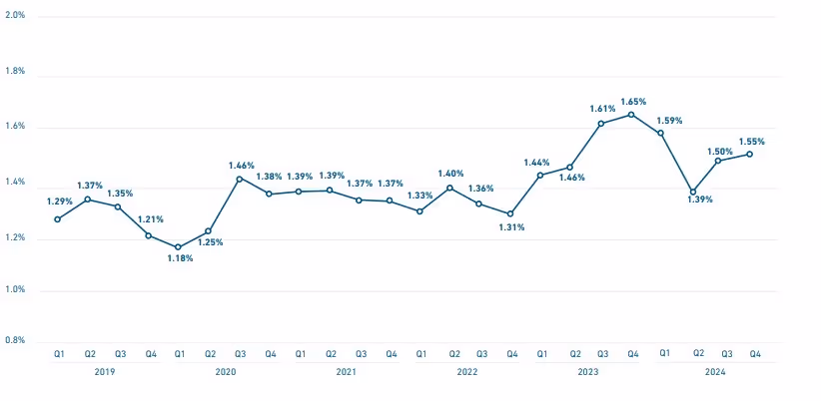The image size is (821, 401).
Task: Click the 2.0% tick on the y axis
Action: coord(15,17)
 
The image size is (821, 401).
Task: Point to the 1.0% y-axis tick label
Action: coord(15,290)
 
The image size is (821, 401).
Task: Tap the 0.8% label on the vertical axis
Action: coord(15,340)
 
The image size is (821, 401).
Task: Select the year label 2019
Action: coord(105,372)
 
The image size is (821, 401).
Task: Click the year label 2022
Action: coord(466,372)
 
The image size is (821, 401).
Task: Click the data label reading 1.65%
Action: coord(633,101)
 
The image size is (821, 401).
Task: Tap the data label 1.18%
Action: coord(180,259)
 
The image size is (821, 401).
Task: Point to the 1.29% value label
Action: coord(60,200)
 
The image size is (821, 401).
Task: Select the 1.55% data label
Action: coord(752,142)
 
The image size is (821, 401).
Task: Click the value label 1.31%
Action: coord(512,227)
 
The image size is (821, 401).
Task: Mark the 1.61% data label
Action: coord(602,108)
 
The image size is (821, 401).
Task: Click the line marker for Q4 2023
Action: coord(631,115)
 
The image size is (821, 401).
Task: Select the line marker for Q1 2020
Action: coord(179,247)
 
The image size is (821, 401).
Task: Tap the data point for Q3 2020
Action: coord(239,179)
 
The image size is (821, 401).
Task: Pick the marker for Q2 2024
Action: coord(692,192)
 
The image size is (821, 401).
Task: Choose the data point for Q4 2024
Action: coord(750,154)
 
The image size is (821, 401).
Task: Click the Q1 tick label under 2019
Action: coord(59,354)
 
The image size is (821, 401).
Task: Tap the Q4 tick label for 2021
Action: coord(391,354)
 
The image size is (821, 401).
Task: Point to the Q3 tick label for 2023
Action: coord(602,354)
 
